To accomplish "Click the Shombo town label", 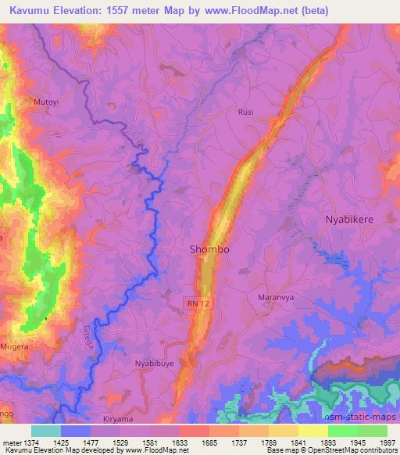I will (209, 249).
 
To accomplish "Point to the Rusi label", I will (245, 112).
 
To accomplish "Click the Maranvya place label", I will (274, 298).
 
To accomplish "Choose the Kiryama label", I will (119, 419).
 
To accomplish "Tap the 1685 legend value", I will (209, 443).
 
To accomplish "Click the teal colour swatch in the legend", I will (46, 431).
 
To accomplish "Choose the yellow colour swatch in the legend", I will (312, 431).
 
